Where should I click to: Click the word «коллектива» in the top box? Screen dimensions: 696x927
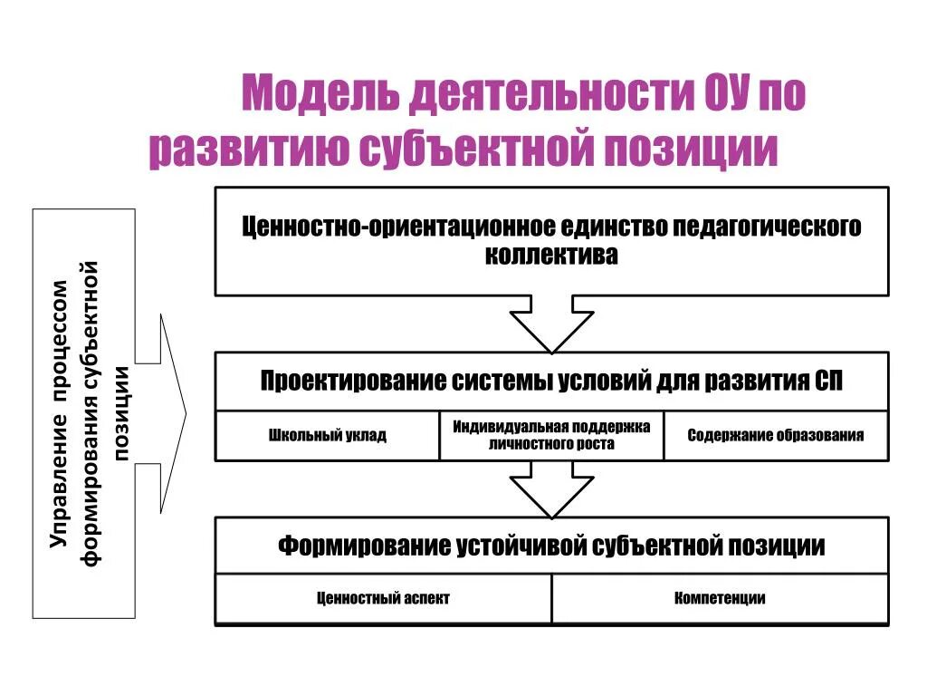click(551, 256)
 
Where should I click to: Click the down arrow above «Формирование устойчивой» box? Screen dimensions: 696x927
click(551, 488)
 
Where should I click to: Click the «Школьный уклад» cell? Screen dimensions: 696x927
click(328, 436)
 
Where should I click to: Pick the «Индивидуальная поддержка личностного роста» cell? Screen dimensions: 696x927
click(551, 436)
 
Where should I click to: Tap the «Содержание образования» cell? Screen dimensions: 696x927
click(775, 436)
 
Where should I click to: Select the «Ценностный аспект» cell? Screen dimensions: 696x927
click(383, 599)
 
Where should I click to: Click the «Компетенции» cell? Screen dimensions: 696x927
click(720, 599)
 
